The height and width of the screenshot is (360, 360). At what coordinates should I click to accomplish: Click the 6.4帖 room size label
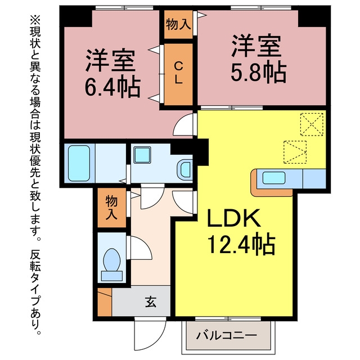(112, 87)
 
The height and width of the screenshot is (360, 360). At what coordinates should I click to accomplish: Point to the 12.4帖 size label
(241, 245)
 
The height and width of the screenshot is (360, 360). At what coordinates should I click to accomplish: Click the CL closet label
(178, 73)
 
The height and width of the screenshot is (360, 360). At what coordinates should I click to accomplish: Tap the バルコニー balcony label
(226, 336)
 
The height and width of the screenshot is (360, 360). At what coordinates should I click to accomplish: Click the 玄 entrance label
(151, 302)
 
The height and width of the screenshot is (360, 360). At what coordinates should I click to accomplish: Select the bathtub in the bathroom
(79, 163)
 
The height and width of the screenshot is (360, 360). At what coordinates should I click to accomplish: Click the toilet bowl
(112, 260)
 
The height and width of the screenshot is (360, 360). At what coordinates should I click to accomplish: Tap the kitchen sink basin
(274, 178)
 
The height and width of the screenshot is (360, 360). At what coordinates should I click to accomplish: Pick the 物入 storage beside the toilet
(112, 208)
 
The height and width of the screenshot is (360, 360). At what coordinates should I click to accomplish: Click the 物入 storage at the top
(178, 24)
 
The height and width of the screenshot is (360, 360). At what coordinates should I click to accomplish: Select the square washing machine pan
(142, 155)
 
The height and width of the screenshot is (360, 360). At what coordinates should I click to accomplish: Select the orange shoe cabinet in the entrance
(105, 302)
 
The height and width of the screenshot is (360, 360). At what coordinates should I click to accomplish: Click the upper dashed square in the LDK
(312, 124)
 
